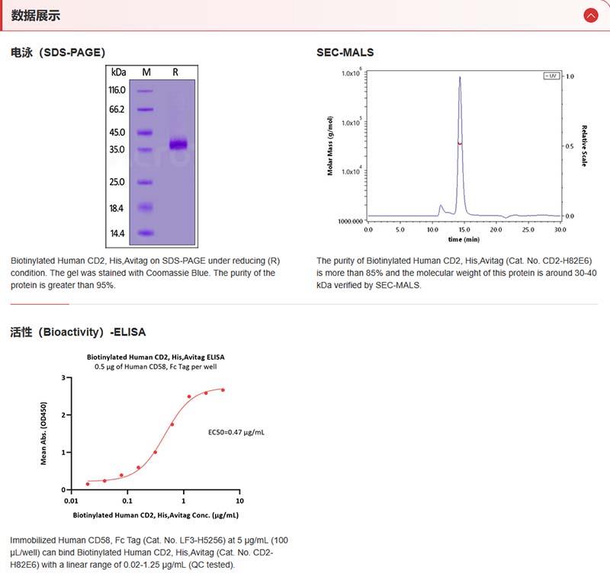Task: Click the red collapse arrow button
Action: click(x=590, y=15)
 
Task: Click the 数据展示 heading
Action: click(x=36, y=15)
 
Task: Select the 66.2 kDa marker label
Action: click(x=117, y=109)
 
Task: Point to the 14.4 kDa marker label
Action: click(x=117, y=233)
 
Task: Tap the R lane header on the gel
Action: click(x=175, y=72)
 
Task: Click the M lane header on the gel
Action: click(x=147, y=72)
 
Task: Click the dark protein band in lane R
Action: click(x=178, y=144)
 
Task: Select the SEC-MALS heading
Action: click(x=345, y=53)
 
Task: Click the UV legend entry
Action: click(x=551, y=76)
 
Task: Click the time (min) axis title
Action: click(x=464, y=239)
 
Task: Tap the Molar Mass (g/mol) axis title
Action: click(x=331, y=146)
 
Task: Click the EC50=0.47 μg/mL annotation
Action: click(x=236, y=432)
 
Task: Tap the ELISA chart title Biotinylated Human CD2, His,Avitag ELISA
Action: click(x=156, y=357)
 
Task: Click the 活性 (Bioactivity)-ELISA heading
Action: click(x=78, y=332)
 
